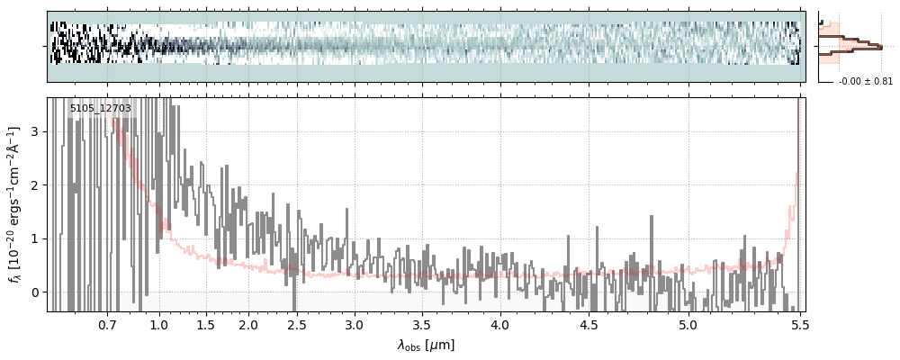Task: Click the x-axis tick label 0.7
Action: [107, 325]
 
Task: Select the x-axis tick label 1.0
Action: [159, 325]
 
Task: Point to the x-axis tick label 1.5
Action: [205, 325]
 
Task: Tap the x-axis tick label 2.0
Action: [248, 325]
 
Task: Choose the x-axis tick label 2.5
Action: [293, 325]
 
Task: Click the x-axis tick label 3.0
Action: [355, 325]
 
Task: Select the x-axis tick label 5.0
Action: [688, 325]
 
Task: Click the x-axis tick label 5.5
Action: [797, 325]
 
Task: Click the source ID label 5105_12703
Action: [101, 109]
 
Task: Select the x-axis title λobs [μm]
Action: [426, 345]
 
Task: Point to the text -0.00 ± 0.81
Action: [865, 82]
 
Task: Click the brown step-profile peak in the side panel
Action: [879, 47]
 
